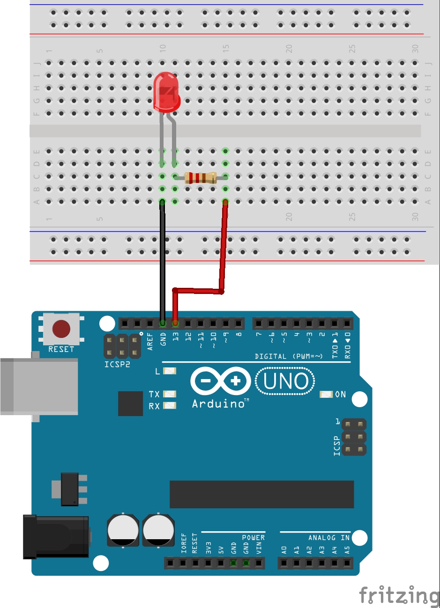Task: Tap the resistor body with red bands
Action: click(x=200, y=177)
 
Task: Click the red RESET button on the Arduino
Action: click(x=61, y=329)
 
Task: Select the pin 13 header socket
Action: click(x=175, y=323)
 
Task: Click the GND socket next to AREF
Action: click(x=163, y=323)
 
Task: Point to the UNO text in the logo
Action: click(x=285, y=381)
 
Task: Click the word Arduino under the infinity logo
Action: click(x=218, y=403)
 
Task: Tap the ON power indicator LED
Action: click(x=326, y=395)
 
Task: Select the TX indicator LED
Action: click(x=170, y=394)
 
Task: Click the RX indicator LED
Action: click(x=170, y=406)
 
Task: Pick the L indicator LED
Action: click(x=170, y=371)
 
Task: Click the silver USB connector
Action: click(x=37, y=387)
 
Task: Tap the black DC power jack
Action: click(x=56, y=536)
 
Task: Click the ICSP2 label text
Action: click(x=117, y=364)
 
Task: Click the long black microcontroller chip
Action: click(x=261, y=494)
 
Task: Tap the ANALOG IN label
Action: click(x=329, y=538)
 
